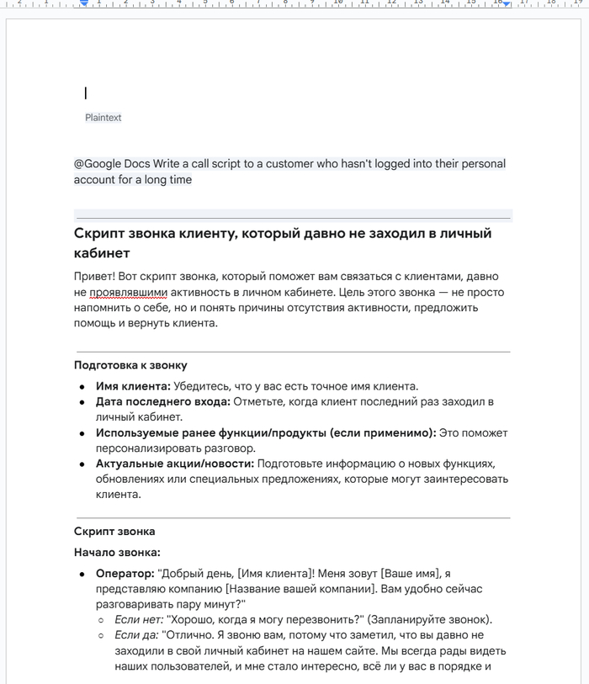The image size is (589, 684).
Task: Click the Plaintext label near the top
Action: [x=103, y=118]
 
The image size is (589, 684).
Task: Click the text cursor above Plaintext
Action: [x=86, y=93]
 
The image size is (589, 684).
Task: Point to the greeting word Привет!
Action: [x=94, y=276]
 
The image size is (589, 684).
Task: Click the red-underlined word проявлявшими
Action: [x=129, y=292]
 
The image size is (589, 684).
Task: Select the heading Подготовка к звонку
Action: [x=130, y=365]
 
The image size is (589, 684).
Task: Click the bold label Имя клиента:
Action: [x=133, y=386]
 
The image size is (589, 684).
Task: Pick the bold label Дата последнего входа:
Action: [x=162, y=402]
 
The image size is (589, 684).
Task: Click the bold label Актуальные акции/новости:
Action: [x=174, y=464]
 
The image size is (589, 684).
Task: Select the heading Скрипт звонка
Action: [x=114, y=531]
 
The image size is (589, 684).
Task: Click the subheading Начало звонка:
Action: [x=117, y=552]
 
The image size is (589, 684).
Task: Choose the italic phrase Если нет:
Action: [x=138, y=620]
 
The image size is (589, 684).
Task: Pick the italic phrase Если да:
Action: [x=136, y=636]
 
